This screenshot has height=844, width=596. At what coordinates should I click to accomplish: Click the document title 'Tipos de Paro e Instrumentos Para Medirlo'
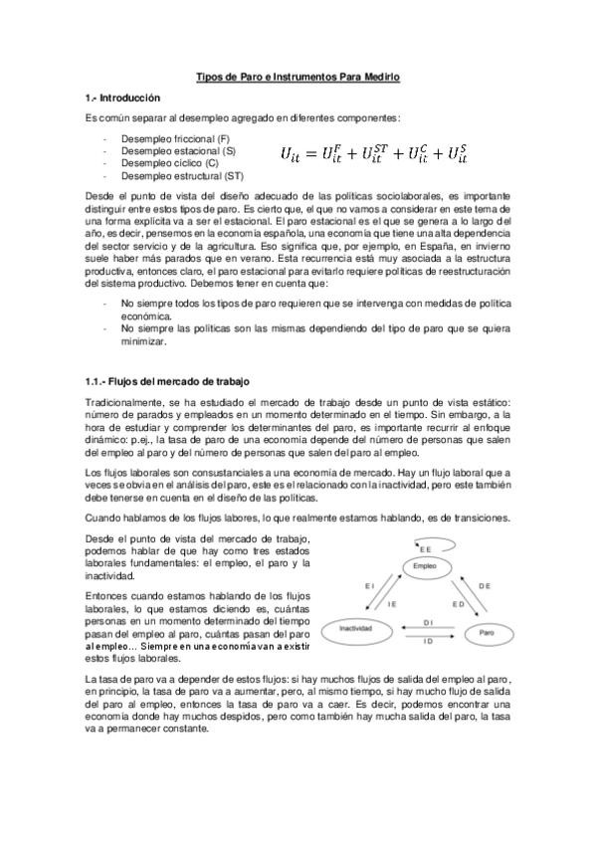point(298,77)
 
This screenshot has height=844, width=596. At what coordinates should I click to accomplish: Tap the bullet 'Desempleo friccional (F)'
point(175,137)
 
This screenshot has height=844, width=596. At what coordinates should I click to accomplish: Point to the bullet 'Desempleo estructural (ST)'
point(182,174)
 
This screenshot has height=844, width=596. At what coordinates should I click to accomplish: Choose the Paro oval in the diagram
point(487,631)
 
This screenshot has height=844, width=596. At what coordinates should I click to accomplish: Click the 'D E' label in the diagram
point(485,588)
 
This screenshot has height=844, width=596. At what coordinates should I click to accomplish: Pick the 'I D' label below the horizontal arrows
point(427,642)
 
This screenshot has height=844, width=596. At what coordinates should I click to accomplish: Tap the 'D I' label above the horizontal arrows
point(427,620)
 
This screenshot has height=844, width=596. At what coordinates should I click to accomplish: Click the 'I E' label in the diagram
point(392,604)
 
